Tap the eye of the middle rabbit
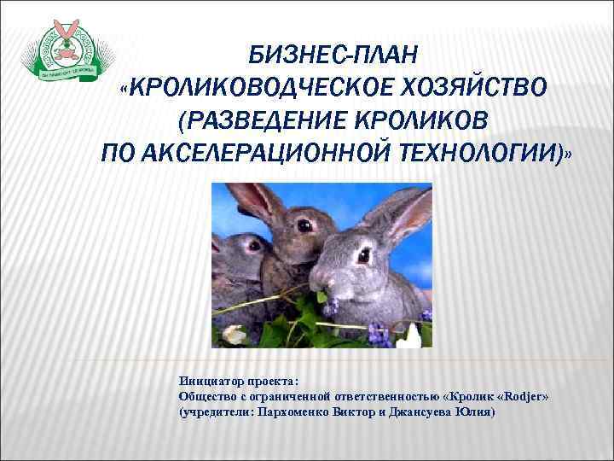[x=304, y=226]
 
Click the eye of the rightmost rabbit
[x=364, y=254]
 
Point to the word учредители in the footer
[x=217, y=411]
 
